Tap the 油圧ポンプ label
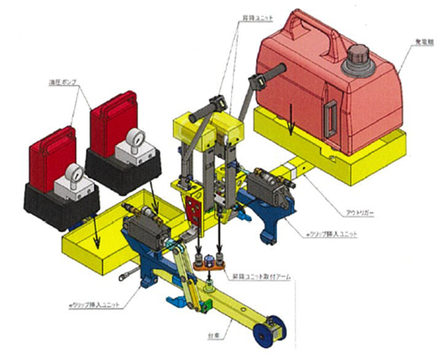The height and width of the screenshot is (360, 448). pos(61,83)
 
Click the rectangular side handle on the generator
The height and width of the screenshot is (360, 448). pos(329,117)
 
